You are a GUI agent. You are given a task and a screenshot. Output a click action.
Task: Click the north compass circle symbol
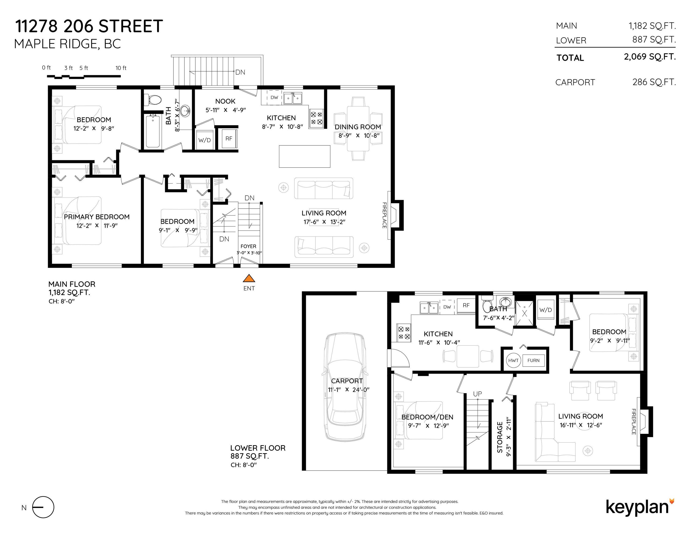pos(43,507)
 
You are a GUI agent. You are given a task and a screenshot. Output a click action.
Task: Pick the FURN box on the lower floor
pos(533,360)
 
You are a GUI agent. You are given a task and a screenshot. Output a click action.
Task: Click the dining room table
pos(358,128)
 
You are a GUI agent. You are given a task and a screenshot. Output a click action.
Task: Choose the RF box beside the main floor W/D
pos(229,138)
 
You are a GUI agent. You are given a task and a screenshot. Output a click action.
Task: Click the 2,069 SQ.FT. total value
pos(650,57)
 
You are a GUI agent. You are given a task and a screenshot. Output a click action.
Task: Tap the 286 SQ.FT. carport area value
pos(654,82)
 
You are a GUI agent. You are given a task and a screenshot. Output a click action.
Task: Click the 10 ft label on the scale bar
pos(121,68)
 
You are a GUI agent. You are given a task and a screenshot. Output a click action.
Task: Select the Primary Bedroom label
pos(97,217)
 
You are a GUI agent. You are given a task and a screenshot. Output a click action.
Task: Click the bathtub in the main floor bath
pos(153,131)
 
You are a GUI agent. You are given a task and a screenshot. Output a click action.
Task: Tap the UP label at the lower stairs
pos(477,394)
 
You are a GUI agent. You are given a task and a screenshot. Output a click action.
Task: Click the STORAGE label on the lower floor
pos(500,437)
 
